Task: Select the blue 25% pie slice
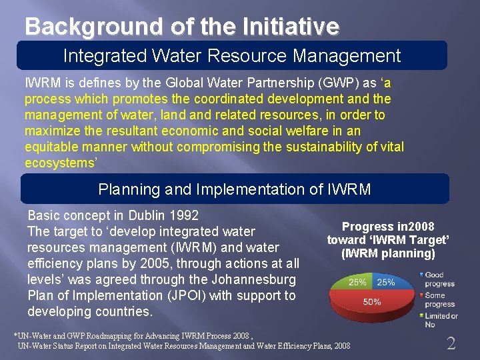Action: click(x=386, y=282)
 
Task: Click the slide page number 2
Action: click(x=451, y=343)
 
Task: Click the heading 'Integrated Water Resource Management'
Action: click(x=232, y=55)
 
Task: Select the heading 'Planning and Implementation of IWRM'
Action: click(x=235, y=189)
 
